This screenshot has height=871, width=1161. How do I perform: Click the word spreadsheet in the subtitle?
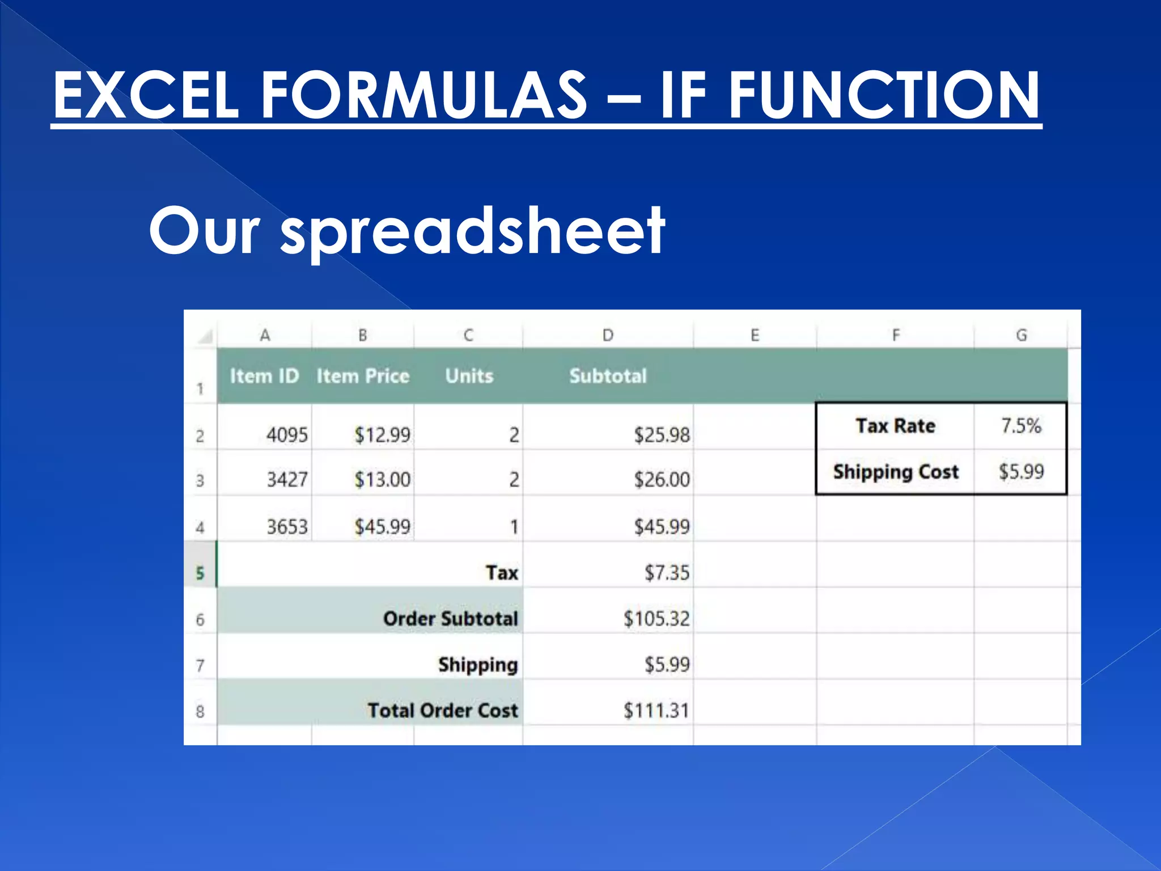coord(473,232)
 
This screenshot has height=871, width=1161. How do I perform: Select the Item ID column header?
coord(264,376)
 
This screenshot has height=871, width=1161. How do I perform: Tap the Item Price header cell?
coord(363,376)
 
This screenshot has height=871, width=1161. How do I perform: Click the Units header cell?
coord(469,376)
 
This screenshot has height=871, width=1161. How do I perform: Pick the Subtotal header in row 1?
coord(608,376)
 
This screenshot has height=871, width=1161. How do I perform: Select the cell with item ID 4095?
coord(287,435)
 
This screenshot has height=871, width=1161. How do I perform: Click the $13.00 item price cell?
coord(382,480)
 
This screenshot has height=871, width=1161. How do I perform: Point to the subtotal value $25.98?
coord(662,435)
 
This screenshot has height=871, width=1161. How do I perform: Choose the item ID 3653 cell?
coord(287,527)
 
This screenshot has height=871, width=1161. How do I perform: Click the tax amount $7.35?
coord(667,573)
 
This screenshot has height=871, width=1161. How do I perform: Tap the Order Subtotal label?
coord(450,619)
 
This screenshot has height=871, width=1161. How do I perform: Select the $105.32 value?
coord(656,619)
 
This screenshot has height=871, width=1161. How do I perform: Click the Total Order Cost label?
coord(442,711)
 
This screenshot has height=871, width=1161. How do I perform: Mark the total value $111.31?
coord(656,711)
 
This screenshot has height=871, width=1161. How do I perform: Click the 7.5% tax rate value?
coord(1021,426)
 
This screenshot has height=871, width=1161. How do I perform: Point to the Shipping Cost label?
coord(896,472)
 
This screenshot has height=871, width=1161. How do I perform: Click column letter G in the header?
coord(1021,335)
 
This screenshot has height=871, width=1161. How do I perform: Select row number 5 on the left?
coord(200,573)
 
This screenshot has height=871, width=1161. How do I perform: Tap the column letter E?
coord(755,335)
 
